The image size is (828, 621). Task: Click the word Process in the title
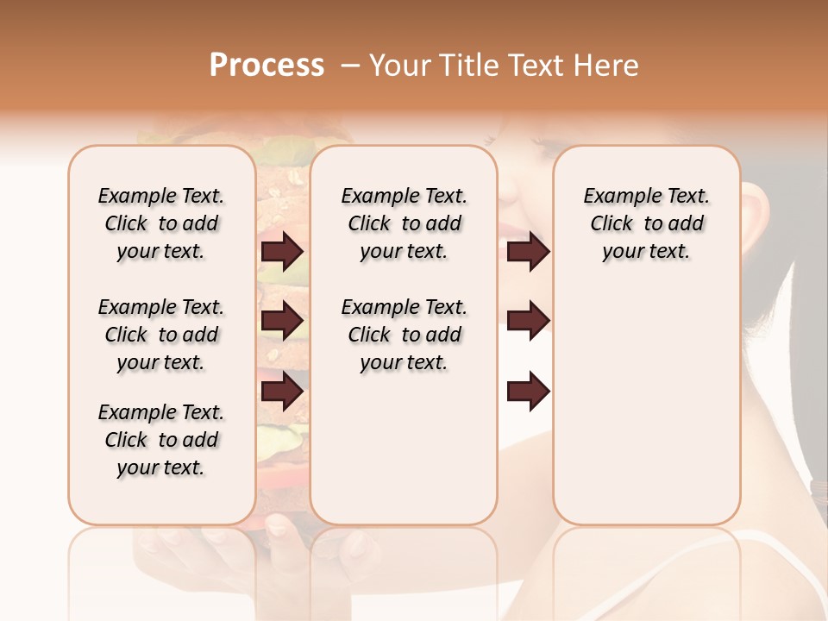[x=267, y=66]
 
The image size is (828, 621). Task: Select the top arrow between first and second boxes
[x=282, y=251]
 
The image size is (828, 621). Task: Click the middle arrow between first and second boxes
[x=282, y=321]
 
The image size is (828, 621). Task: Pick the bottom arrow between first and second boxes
[x=282, y=392]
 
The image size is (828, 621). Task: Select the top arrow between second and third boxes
[x=528, y=251]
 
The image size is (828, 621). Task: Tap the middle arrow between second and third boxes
[x=528, y=321]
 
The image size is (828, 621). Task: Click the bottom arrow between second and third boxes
[x=528, y=392]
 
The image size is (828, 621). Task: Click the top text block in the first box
[x=161, y=223]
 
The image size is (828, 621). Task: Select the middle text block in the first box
[x=161, y=335]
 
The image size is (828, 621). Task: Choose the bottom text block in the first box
[x=161, y=440]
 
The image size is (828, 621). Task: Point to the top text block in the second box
[x=404, y=223]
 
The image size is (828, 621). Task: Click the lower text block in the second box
[x=404, y=335]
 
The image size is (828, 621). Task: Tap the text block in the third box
[x=646, y=223]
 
